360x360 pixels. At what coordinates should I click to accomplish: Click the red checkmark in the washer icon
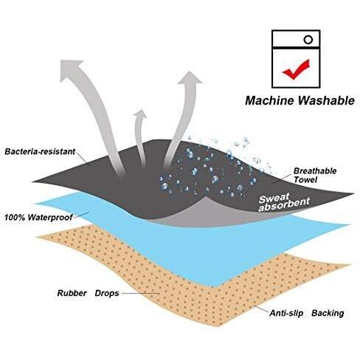296,69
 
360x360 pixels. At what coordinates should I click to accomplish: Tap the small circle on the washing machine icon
308,40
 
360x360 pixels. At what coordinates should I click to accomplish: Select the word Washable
327,100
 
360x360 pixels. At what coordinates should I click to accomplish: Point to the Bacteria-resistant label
40,151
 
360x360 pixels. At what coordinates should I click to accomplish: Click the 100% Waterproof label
38,218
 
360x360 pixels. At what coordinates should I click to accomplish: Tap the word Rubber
72,293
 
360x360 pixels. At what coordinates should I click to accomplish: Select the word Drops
107,293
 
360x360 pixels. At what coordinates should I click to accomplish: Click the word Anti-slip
286,314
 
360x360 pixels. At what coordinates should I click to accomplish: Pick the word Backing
328,314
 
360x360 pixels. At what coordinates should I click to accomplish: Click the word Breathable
315,171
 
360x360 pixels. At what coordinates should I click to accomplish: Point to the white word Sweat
274,198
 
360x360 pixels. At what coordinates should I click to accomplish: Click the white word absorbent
284,206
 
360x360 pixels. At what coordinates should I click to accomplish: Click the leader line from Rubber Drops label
140,293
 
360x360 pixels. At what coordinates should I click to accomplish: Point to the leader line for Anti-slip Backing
261,309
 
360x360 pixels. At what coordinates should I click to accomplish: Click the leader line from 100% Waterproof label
81,215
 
